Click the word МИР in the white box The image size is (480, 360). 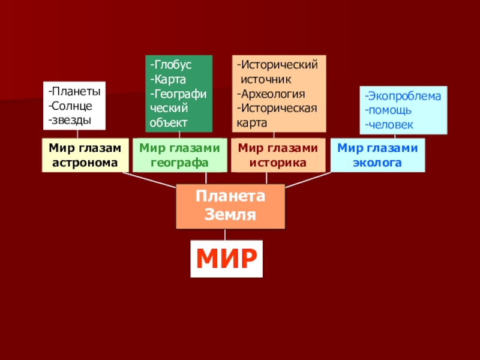tap(227, 259)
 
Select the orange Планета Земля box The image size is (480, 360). tap(230, 206)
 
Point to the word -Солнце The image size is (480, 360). tap(70, 106)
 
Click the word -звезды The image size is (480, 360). tap(70, 120)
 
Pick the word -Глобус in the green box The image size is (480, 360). tap(171, 65)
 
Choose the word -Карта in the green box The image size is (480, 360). tap(169, 79)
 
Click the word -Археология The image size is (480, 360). tap(271, 94)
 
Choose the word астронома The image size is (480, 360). tap(85, 162)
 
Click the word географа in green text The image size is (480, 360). tap(179, 162)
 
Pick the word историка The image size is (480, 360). tap(278, 162)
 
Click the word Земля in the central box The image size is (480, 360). tap(230, 215)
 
